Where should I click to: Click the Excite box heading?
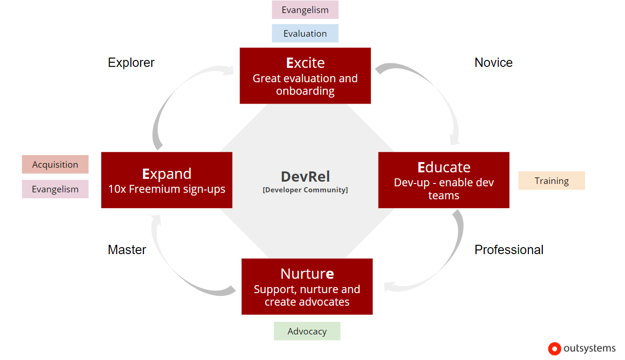305,63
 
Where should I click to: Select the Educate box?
443,180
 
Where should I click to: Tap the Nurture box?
307,287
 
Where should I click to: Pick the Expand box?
166,180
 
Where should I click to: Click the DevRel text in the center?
305,177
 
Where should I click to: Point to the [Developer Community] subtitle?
305,190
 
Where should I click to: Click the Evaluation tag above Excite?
305,33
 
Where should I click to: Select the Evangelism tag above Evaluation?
305,10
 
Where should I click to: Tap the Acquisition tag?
55,164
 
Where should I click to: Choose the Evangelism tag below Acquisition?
55,189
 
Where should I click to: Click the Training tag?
552,181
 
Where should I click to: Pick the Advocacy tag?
307,331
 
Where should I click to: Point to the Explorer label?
131,63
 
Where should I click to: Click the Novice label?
493,63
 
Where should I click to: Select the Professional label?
508,250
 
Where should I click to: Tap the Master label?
127,250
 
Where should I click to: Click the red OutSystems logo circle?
554,348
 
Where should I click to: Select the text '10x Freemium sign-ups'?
167,189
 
